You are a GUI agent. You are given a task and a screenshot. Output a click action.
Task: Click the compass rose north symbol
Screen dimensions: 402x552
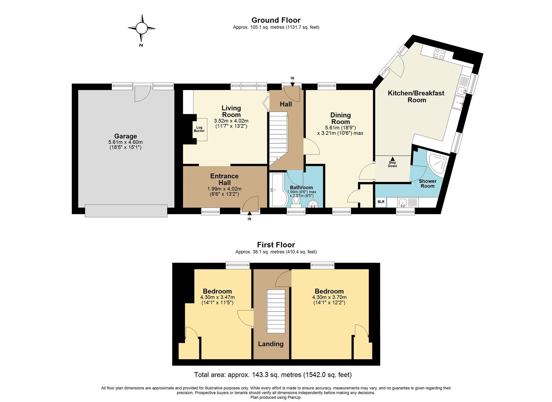(141, 28)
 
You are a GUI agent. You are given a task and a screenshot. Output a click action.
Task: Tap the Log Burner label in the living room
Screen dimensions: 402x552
(199, 129)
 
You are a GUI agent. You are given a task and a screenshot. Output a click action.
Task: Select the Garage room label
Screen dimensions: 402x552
(125, 136)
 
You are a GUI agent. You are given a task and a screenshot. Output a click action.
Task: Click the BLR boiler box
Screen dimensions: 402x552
(381, 202)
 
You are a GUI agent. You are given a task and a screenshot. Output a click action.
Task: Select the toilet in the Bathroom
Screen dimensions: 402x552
(296, 200)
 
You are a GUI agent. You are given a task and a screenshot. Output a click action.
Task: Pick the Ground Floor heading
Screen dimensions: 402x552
(276, 20)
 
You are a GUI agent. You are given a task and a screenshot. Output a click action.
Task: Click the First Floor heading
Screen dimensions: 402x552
(276, 245)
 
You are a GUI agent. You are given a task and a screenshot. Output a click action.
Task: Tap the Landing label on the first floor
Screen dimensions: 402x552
(271, 344)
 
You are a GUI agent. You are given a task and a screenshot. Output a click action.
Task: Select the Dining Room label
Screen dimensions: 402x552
(340, 118)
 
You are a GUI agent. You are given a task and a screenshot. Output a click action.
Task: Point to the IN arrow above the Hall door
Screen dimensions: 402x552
(292, 84)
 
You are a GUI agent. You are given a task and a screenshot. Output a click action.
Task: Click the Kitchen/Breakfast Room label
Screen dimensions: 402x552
(416, 96)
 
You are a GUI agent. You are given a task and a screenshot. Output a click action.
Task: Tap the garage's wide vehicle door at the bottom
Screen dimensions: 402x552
(126, 211)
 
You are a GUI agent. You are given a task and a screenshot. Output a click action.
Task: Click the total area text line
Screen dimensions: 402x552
(273, 375)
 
